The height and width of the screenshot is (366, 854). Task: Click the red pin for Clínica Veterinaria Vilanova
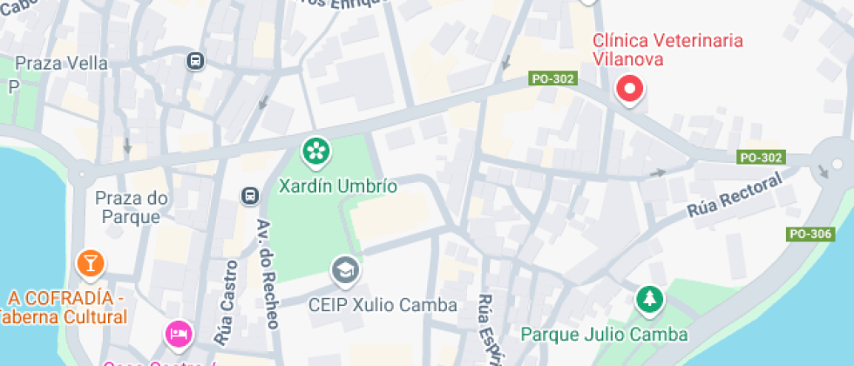629,89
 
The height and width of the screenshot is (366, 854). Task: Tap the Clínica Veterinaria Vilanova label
668,51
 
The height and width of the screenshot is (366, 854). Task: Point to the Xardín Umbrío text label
337,186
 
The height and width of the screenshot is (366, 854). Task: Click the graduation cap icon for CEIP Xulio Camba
345,270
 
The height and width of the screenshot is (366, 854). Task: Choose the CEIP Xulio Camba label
383,305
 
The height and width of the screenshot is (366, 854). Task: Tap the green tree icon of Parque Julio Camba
648,302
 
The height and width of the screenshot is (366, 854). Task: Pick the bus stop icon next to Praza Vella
195,61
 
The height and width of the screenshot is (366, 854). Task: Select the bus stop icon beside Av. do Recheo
250,195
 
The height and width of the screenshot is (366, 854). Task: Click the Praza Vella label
62,64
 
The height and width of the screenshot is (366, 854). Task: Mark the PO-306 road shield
810,234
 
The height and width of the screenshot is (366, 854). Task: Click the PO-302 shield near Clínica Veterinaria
552,79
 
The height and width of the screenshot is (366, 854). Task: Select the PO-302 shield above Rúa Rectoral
761,158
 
